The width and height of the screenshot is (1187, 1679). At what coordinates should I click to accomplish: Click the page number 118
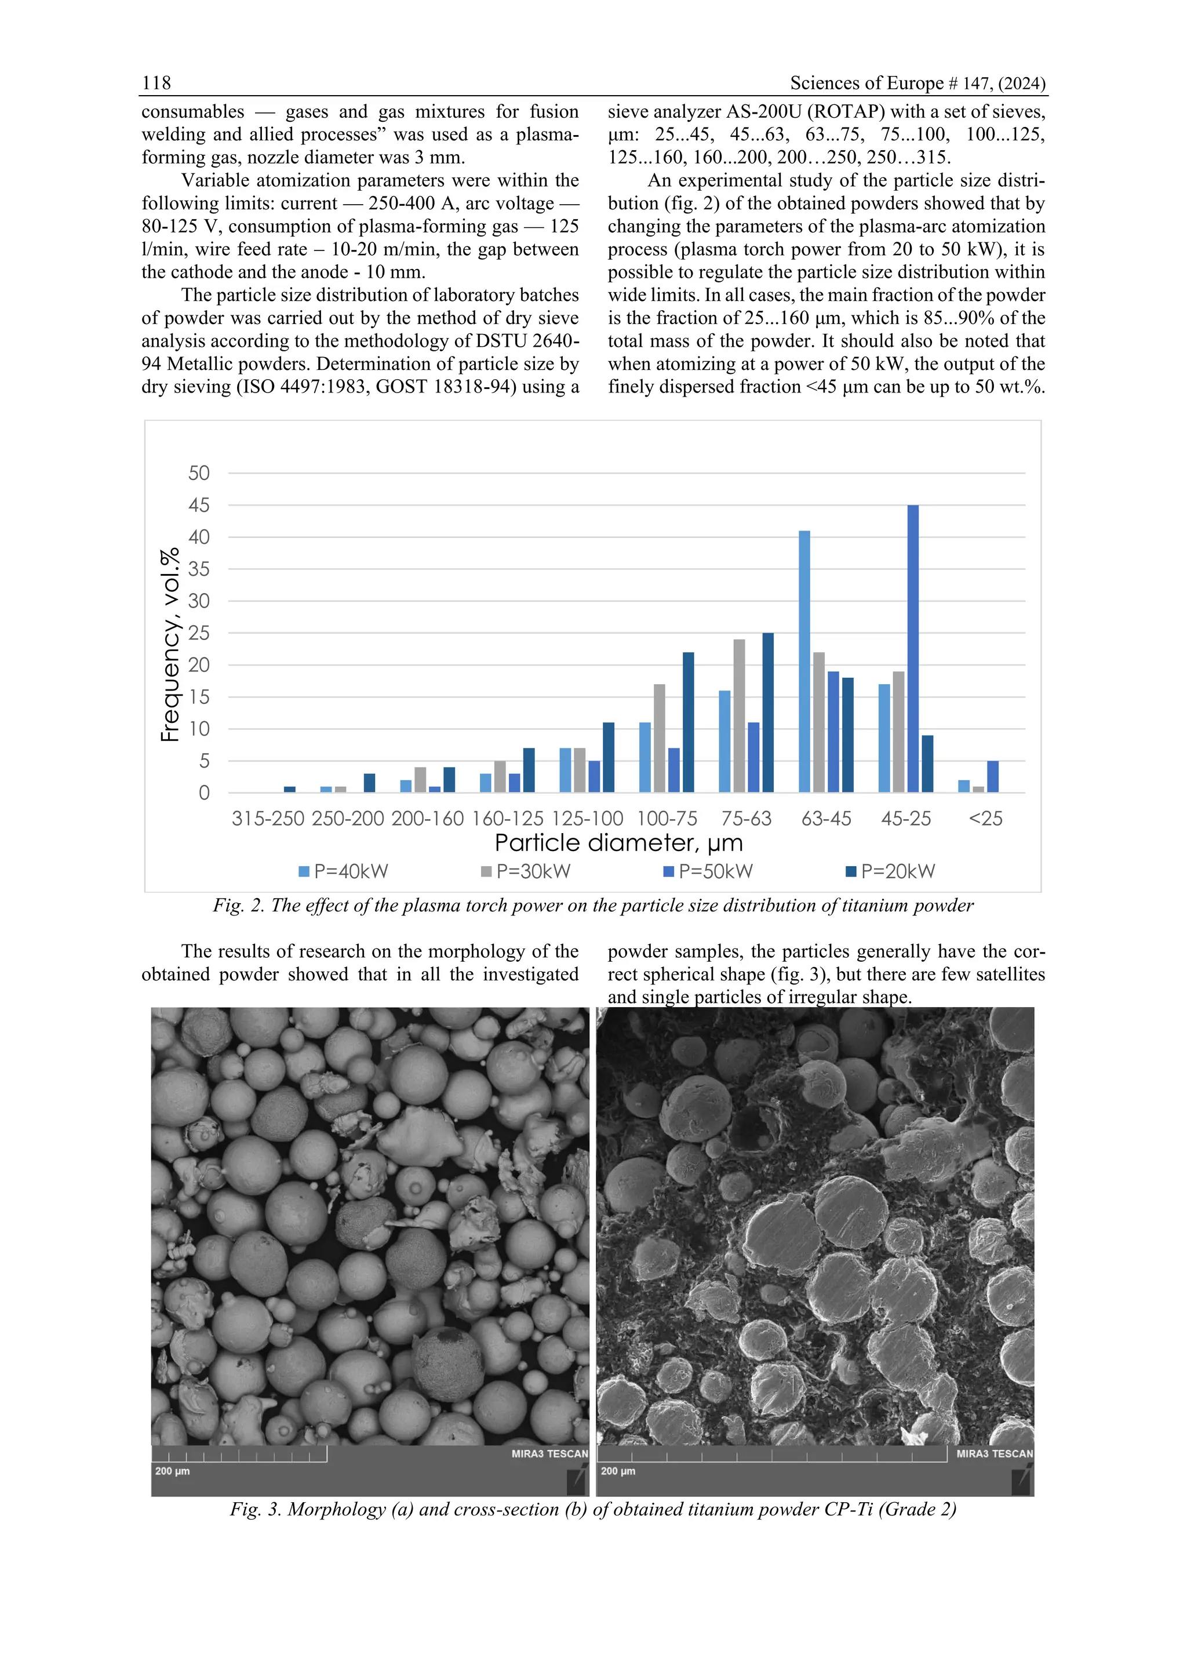(x=156, y=83)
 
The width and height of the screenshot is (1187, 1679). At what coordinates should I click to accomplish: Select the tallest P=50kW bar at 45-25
(x=912, y=648)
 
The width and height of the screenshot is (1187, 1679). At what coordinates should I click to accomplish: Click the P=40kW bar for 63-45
(x=804, y=661)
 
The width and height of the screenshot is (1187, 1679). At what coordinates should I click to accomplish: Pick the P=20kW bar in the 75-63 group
(x=767, y=713)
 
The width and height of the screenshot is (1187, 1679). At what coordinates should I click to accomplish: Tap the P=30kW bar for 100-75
(x=659, y=738)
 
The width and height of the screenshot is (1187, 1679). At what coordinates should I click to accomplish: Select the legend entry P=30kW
(x=526, y=871)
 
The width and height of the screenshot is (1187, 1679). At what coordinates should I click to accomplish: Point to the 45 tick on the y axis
(x=199, y=506)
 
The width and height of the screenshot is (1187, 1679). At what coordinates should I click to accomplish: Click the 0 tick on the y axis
(x=204, y=793)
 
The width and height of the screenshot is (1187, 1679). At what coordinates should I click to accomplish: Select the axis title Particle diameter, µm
(x=618, y=843)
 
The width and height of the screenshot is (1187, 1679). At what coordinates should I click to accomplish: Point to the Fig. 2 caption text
(x=593, y=906)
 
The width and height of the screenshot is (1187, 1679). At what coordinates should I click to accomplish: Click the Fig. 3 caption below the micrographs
(x=593, y=1509)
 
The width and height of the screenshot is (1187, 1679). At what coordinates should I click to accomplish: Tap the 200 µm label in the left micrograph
(x=173, y=1471)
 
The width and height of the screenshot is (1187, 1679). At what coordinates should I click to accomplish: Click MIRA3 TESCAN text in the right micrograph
(x=994, y=1454)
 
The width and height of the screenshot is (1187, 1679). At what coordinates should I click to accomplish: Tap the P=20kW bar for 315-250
(x=289, y=789)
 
